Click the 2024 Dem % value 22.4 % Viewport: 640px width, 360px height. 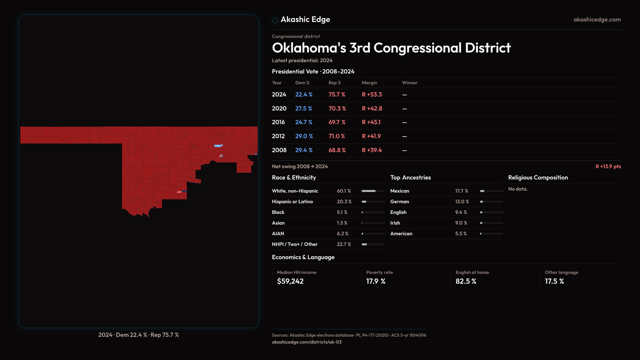[x=304, y=95]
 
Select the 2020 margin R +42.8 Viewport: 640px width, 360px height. [x=372, y=109]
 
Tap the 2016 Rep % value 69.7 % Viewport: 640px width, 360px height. [x=337, y=122]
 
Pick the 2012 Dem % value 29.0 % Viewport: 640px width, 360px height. [x=304, y=136]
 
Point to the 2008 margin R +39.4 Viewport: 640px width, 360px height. [x=372, y=150]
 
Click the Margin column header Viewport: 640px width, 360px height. [x=369, y=83]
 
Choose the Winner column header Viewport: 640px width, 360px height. [x=409, y=83]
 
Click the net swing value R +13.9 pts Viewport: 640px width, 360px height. [x=608, y=166]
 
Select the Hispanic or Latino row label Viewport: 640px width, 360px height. [x=292, y=202]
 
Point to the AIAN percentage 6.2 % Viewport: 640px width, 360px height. [x=342, y=234]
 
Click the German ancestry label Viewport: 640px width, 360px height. [x=399, y=202]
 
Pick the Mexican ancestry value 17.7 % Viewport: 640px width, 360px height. [x=462, y=191]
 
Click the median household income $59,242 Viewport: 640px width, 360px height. [x=290, y=281]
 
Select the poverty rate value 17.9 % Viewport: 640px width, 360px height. [x=376, y=281]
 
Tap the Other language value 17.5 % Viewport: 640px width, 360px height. [x=554, y=281]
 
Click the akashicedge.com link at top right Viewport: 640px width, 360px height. [x=597, y=20]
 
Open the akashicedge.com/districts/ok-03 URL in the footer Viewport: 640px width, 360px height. [x=307, y=342]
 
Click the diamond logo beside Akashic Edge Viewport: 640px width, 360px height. [x=275, y=20]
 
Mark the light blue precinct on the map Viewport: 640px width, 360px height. [x=218, y=146]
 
